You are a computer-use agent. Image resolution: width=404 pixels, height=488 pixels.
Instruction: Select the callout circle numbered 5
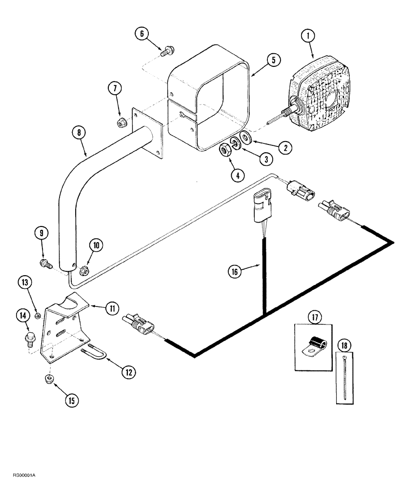click(x=273, y=60)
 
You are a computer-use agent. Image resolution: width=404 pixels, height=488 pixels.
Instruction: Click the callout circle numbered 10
click(x=96, y=245)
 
